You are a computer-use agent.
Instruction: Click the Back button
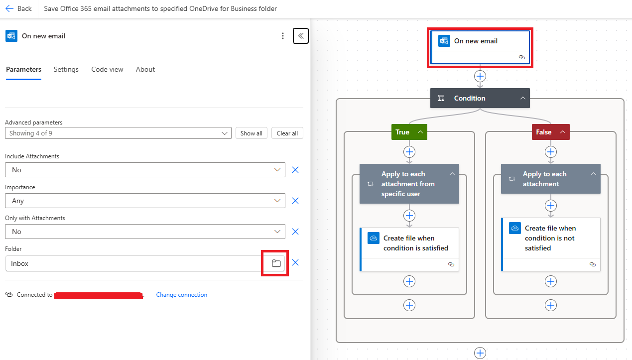click(x=18, y=8)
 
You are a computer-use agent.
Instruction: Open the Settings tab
click(x=66, y=69)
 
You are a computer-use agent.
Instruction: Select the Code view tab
click(x=107, y=69)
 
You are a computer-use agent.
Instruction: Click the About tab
click(x=145, y=69)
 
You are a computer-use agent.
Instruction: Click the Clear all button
click(x=287, y=133)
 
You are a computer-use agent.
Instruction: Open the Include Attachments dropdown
click(x=145, y=170)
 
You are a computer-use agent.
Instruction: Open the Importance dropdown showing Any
click(x=145, y=201)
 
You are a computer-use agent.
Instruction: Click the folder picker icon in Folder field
click(x=276, y=263)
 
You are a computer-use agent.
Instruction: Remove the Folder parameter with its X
click(x=295, y=262)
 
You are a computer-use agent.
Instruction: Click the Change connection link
click(x=182, y=295)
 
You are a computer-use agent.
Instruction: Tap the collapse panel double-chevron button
click(x=301, y=36)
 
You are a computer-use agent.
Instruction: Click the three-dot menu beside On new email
click(x=283, y=36)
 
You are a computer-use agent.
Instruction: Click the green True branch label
click(x=403, y=132)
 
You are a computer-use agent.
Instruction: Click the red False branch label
click(x=544, y=132)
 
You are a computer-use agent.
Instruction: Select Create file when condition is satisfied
click(x=409, y=243)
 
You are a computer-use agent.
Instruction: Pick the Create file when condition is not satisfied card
click(x=551, y=239)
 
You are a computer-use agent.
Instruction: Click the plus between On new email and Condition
click(x=480, y=76)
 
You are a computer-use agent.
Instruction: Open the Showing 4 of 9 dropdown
click(x=118, y=133)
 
